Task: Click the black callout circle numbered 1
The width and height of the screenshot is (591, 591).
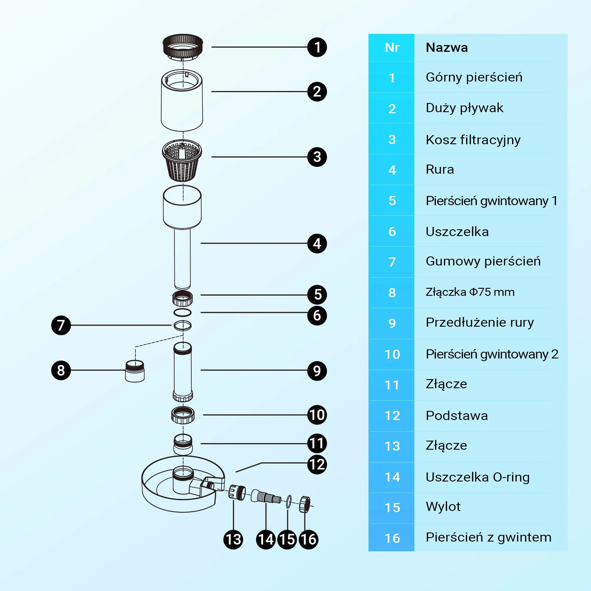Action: click(x=317, y=47)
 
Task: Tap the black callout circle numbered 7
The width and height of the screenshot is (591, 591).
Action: click(x=61, y=325)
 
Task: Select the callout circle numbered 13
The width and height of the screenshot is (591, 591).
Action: click(x=233, y=539)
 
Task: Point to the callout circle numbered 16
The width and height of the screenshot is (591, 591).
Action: click(x=308, y=539)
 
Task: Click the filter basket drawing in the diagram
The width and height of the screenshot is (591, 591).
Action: click(x=182, y=160)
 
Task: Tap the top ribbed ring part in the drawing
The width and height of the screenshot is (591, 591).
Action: click(x=182, y=47)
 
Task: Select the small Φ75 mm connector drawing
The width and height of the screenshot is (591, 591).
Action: click(x=135, y=371)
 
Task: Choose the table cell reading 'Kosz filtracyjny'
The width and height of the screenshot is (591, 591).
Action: click(x=473, y=140)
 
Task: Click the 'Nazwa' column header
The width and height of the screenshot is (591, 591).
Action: click(x=446, y=48)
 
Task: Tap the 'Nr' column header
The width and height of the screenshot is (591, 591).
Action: click(x=392, y=48)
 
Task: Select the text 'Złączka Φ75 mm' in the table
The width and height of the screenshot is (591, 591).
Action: click(x=470, y=292)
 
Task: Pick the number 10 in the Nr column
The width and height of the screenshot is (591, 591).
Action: click(x=392, y=354)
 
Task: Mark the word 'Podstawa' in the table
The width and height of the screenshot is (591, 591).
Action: click(x=457, y=416)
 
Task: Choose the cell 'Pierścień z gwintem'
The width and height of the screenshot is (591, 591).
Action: click(x=489, y=537)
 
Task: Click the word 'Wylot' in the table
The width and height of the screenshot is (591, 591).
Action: click(x=443, y=507)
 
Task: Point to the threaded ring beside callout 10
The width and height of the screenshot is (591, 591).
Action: click(x=182, y=415)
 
